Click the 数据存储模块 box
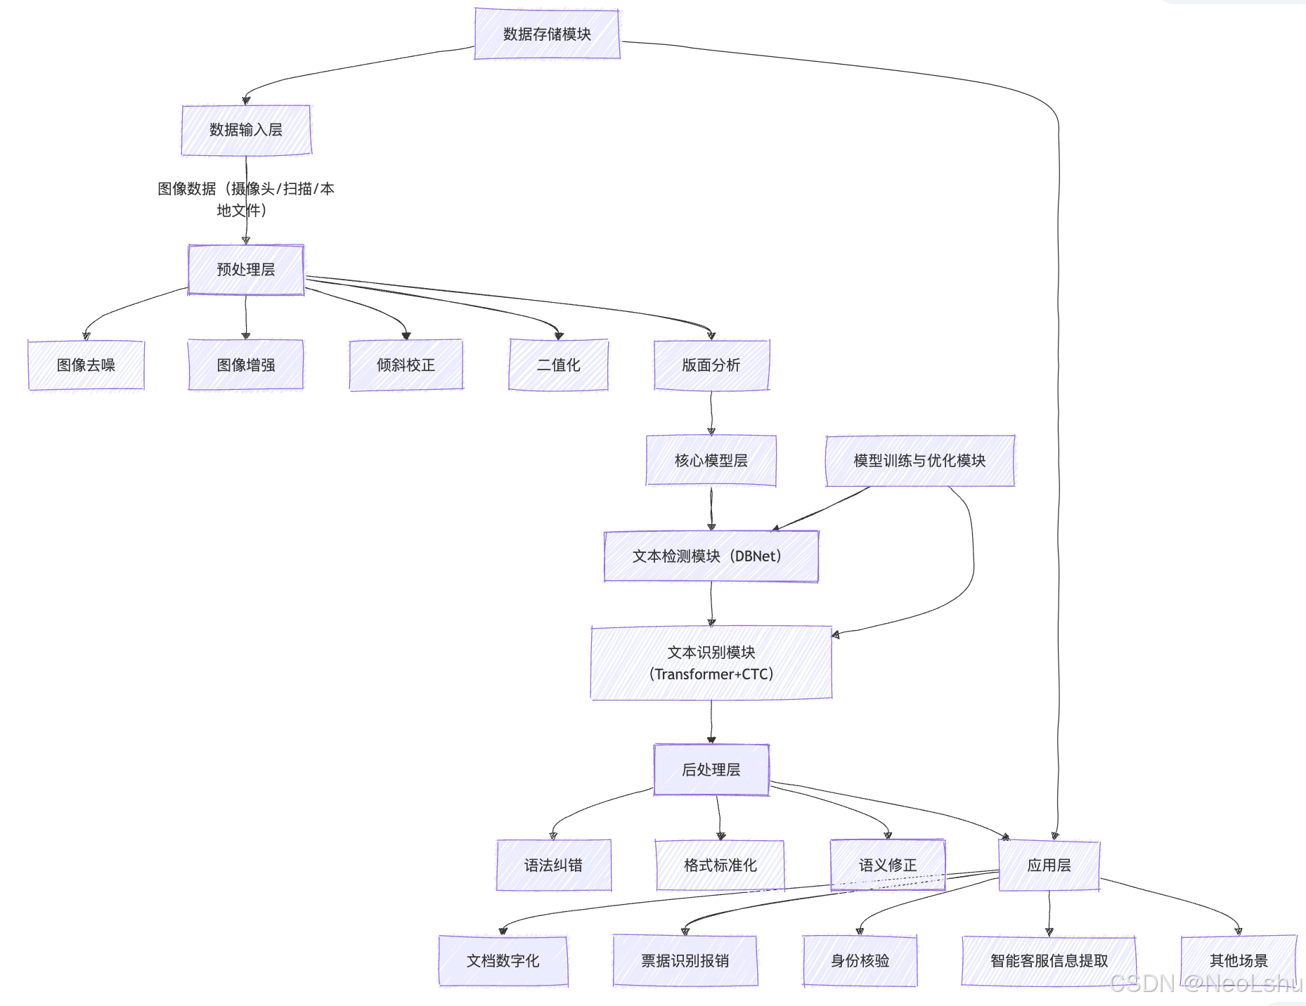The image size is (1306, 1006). pos(547,34)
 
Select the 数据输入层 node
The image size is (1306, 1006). pos(246,130)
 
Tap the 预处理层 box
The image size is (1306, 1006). pos(246,270)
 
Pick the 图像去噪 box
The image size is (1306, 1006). pos(86,365)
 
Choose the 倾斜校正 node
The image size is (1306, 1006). pos(406,365)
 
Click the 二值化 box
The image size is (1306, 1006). pos(558,365)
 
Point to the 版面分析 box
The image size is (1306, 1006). pos(711,365)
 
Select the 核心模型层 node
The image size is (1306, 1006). pos(711,461)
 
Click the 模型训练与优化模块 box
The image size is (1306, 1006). pos(919,461)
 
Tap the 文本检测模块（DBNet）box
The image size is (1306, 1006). pos(711,556)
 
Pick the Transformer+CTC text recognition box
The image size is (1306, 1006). pos(711,663)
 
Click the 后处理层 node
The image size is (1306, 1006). pos(711,770)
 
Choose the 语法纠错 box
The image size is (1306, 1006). pos(553,865)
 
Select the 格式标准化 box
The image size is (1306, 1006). pos(720,865)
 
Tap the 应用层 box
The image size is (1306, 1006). pos(1049,865)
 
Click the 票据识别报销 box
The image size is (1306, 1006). pos(685,961)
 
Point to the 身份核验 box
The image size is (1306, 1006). pos(860,961)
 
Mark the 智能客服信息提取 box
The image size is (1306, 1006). pos(1049,961)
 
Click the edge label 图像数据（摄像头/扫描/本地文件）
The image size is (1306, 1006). pos(245,200)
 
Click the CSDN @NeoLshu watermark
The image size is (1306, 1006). pos(1205,984)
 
